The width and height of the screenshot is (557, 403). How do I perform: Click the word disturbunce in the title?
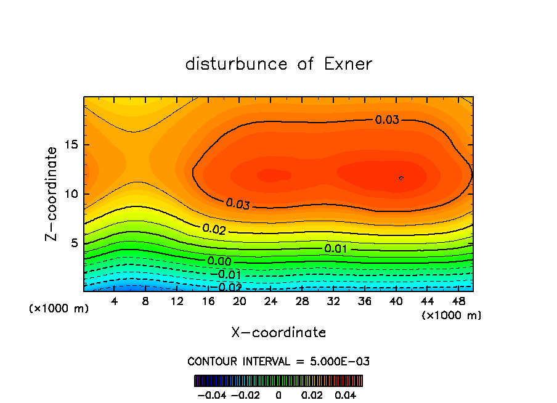pos(237,64)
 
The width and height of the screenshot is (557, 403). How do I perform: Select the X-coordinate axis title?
pos(278,333)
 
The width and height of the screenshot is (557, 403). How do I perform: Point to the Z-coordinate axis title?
pos(52,193)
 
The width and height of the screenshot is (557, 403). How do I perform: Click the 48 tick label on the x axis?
pos(458,301)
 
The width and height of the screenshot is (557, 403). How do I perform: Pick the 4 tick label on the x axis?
pos(115,301)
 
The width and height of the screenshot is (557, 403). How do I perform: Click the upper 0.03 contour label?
pos(387,120)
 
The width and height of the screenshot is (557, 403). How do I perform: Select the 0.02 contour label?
pos(214,229)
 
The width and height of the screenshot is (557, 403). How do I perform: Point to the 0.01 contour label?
pos(336,248)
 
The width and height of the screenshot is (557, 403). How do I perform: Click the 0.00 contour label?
pos(219,261)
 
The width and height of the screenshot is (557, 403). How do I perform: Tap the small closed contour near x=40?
pos(401,177)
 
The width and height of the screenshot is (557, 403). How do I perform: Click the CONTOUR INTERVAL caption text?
pos(278,361)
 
